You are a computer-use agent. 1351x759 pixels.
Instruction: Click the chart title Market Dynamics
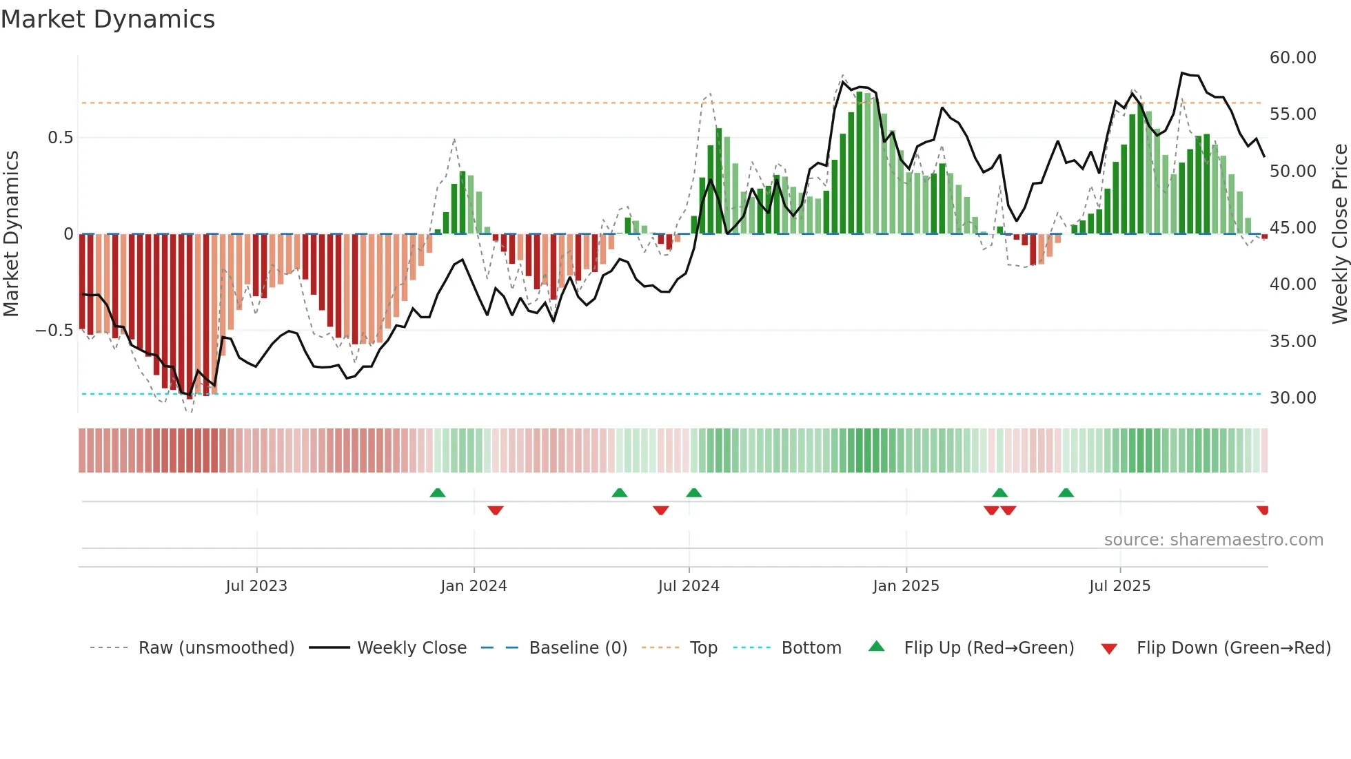coord(108,19)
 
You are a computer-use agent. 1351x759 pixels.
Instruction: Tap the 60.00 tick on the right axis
coord(1292,58)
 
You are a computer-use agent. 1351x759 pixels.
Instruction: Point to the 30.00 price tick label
coord(1292,398)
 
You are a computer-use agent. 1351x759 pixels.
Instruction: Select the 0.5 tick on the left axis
coord(60,138)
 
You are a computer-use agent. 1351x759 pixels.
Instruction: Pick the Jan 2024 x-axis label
coord(474,586)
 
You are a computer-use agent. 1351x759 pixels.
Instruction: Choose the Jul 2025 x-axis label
coord(1119,586)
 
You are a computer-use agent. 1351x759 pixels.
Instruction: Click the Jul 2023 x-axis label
coord(256,586)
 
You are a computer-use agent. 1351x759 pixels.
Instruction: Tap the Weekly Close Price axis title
coord(1339,234)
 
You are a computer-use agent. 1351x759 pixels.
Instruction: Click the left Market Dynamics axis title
coord(11,234)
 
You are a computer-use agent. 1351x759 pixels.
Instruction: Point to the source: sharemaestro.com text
coord(1213,540)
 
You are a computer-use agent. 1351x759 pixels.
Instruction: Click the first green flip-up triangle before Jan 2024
coord(438,493)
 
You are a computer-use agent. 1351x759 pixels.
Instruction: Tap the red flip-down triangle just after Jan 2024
coord(496,510)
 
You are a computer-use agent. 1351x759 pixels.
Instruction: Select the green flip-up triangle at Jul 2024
coord(694,493)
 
